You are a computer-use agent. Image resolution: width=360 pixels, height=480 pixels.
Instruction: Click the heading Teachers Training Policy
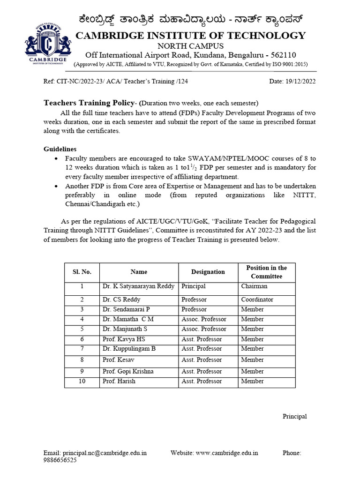(89, 103)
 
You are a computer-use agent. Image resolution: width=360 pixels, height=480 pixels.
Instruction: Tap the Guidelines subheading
(60, 149)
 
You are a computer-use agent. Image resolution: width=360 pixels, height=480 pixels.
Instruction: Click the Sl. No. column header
(82, 272)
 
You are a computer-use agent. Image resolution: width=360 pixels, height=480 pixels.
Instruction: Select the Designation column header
(208, 272)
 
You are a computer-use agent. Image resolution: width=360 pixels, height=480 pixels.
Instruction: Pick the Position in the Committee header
(266, 272)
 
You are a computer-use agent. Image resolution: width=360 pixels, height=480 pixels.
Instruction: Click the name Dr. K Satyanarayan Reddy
(138, 286)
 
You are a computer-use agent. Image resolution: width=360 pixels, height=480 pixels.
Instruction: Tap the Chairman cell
(254, 286)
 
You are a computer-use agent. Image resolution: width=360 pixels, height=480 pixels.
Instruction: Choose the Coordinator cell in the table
(257, 300)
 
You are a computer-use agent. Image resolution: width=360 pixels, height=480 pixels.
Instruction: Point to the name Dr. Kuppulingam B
(129, 349)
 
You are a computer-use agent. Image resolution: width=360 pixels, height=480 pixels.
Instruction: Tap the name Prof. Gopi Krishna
(128, 371)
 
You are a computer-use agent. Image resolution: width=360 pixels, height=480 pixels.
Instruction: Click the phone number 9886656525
(60, 460)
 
